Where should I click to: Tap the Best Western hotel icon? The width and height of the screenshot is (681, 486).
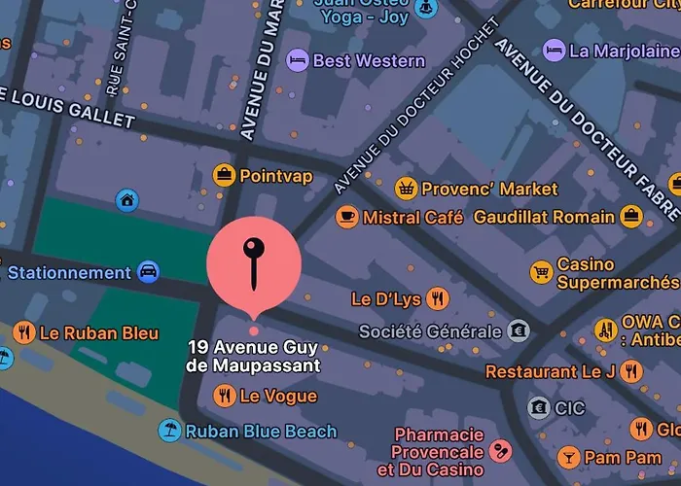click(x=298, y=61)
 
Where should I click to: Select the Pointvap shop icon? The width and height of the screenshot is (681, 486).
click(x=225, y=175)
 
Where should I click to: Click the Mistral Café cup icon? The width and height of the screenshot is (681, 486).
click(x=347, y=217)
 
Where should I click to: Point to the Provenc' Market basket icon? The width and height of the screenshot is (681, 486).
click(x=407, y=189)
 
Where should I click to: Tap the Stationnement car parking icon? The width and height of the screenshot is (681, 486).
click(x=148, y=272)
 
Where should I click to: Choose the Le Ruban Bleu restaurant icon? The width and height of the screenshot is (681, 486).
click(x=24, y=333)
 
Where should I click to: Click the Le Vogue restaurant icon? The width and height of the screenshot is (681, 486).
click(x=225, y=396)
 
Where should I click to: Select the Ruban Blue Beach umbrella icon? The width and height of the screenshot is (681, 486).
click(x=170, y=431)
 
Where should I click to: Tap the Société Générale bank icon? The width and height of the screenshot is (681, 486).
click(x=520, y=331)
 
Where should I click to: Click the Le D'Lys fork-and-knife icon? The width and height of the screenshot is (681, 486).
click(x=438, y=298)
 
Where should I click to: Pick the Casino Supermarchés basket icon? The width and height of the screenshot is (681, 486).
click(x=541, y=272)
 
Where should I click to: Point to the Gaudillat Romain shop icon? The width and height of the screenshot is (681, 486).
click(x=631, y=216)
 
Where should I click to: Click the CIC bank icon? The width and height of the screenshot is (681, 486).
click(x=538, y=408)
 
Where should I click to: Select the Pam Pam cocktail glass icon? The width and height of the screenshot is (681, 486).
click(x=568, y=457)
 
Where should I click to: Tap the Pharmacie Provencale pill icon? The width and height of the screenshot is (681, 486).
click(x=501, y=451)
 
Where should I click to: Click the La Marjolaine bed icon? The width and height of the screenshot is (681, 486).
click(x=554, y=50)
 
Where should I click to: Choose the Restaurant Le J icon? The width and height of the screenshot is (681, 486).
click(x=632, y=371)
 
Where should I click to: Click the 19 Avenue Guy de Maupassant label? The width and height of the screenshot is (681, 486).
click(x=254, y=357)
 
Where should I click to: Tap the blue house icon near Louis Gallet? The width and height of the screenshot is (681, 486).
click(x=126, y=200)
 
